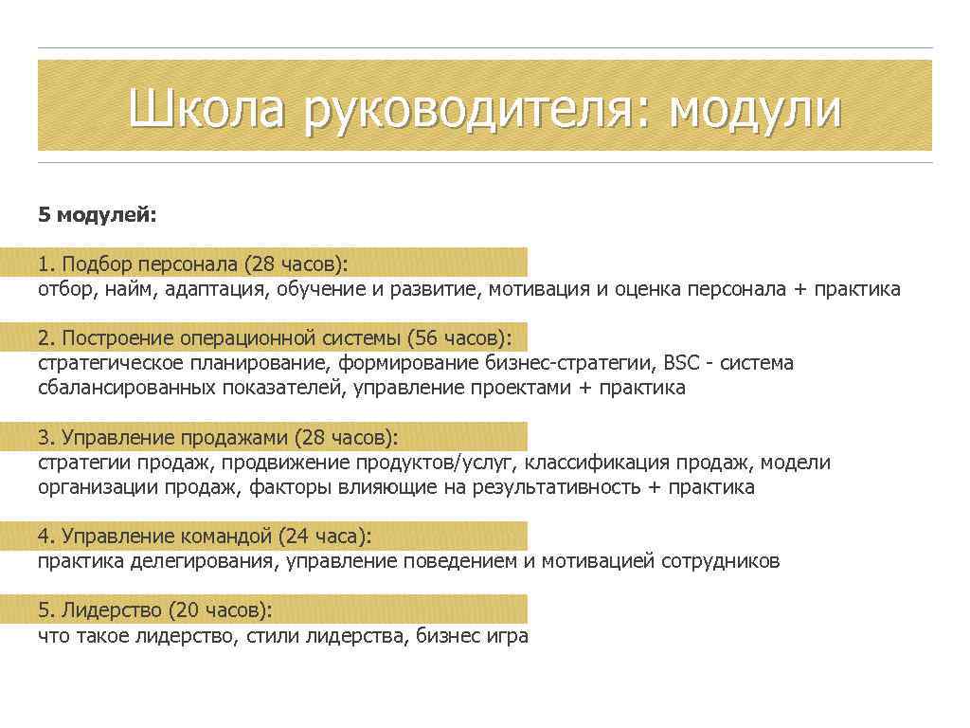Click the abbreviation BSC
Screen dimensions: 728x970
pyautogui.click(x=683, y=363)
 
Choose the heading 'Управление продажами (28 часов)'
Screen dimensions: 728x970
pyautogui.click(x=218, y=438)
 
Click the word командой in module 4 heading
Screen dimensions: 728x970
pyautogui.click(x=229, y=537)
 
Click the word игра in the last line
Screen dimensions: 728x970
pyautogui.click(x=508, y=636)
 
